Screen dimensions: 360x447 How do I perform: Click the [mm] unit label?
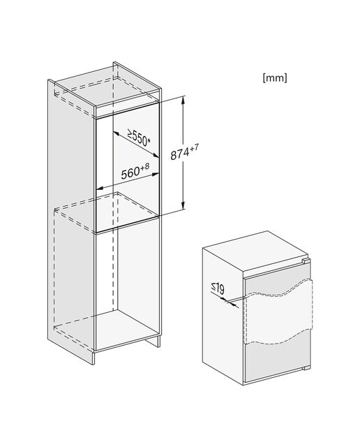tap(275, 78)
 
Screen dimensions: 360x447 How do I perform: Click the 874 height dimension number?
tap(180, 154)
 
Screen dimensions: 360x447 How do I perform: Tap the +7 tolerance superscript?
tap(194, 148)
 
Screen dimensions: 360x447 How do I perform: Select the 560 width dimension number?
tap(130, 173)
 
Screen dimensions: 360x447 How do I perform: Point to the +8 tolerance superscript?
tap(144, 168)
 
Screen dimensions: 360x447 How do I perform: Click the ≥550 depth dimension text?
tap(137, 137)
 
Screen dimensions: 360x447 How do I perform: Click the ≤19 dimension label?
tap(218, 288)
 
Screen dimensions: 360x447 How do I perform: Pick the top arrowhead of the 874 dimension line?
tap(183, 101)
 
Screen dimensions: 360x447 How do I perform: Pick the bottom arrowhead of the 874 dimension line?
tap(183, 205)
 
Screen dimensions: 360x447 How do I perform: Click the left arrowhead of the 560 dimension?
tap(99, 188)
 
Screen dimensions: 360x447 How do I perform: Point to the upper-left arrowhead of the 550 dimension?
tap(117, 133)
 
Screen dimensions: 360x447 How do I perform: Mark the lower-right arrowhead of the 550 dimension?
tap(156, 156)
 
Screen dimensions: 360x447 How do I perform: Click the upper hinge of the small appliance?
tap(306, 261)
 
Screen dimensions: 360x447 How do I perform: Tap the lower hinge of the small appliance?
tap(306, 368)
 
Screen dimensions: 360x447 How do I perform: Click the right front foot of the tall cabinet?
tap(155, 342)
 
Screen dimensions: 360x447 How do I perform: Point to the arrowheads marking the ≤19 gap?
tap(231, 302)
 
